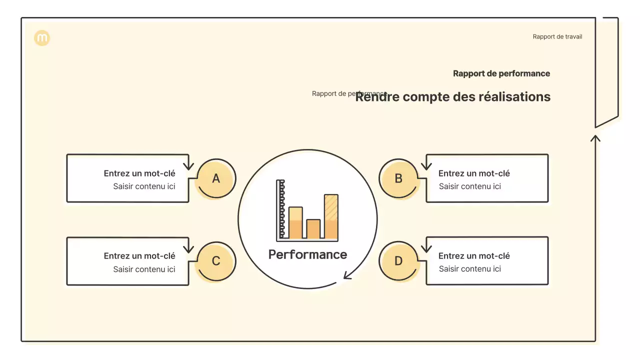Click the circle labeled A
coord(216,178)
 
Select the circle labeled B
coord(398,178)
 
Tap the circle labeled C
coord(216,261)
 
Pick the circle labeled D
coord(398,261)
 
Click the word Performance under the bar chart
coord(307,254)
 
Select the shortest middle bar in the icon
coord(313,229)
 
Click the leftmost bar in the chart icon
coord(295,222)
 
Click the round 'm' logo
coord(42,38)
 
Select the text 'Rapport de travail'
coord(557,36)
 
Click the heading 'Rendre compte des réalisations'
coord(452,97)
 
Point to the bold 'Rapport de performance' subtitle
coord(501,73)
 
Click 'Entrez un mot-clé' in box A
coord(139,173)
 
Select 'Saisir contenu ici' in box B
coord(469,186)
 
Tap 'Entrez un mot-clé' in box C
coord(139,256)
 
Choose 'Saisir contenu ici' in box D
coord(469,269)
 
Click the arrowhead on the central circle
coord(346,275)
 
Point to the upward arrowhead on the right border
coord(595,137)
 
